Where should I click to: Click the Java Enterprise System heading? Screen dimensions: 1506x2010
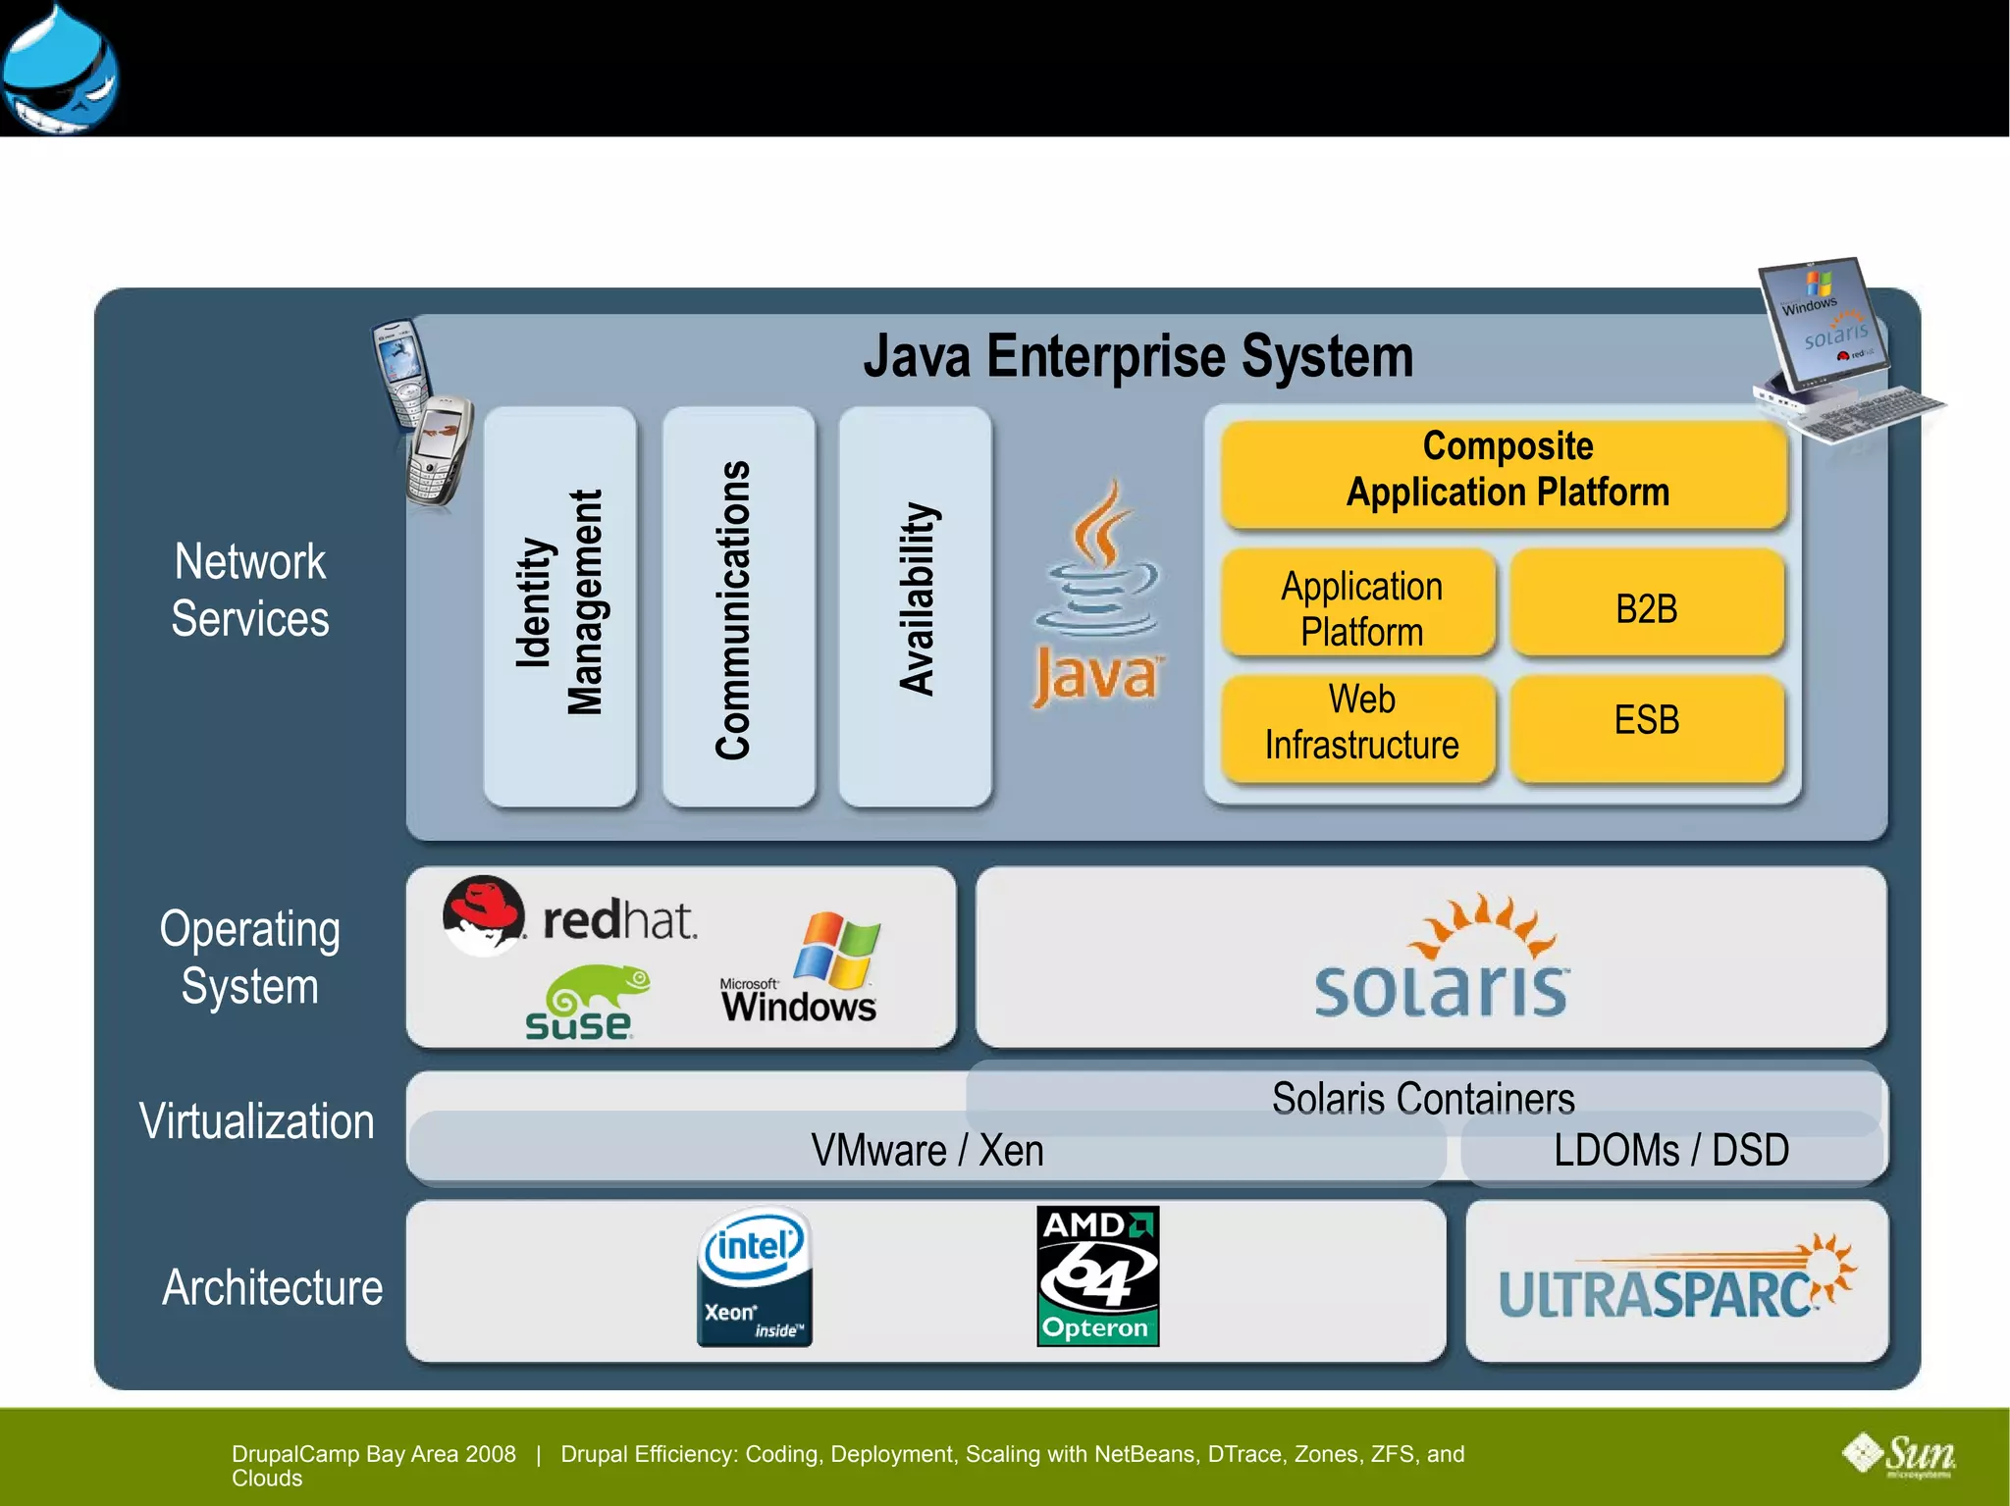[1138, 356]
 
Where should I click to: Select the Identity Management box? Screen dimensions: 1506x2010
[559, 606]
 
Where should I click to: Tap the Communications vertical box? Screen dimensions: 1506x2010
[738, 606]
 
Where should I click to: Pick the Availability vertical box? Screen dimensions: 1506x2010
[915, 606]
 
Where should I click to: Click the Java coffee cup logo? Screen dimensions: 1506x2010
[1097, 594]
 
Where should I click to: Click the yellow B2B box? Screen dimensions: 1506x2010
[1646, 608]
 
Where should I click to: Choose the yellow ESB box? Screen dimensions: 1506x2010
[1646, 721]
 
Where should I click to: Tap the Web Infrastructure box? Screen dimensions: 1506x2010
[1360, 723]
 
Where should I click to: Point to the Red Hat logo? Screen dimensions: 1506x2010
[569, 917]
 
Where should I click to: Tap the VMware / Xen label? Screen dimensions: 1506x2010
[926, 1150]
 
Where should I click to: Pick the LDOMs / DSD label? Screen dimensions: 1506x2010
[1670, 1150]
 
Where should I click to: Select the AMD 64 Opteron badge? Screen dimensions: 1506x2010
[1097, 1276]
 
